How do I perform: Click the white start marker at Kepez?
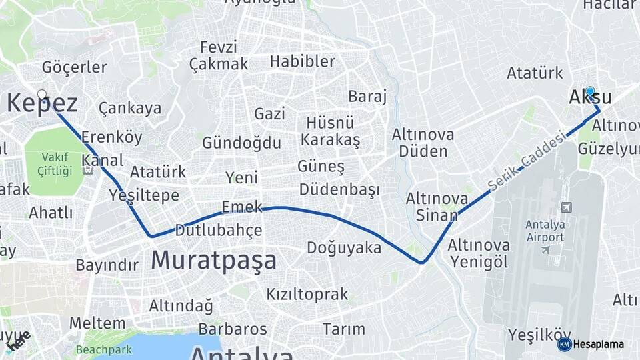click(42, 95)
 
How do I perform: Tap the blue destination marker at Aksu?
click(589, 91)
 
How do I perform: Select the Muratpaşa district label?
click(213, 260)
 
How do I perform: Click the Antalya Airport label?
click(545, 230)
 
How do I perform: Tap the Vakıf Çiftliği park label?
click(56, 163)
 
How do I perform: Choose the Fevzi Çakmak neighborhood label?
click(219, 56)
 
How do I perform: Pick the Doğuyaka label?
click(344, 248)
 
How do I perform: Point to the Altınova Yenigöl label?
click(479, 253)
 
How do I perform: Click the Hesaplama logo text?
click(598, 345)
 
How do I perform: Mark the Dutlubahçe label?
click(218, 231)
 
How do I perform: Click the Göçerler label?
click(74, 67)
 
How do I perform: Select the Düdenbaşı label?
click(339, 189)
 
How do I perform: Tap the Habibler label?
click(302, 61)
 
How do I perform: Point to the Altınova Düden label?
click(423, 143)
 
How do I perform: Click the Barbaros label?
click(233, 329)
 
